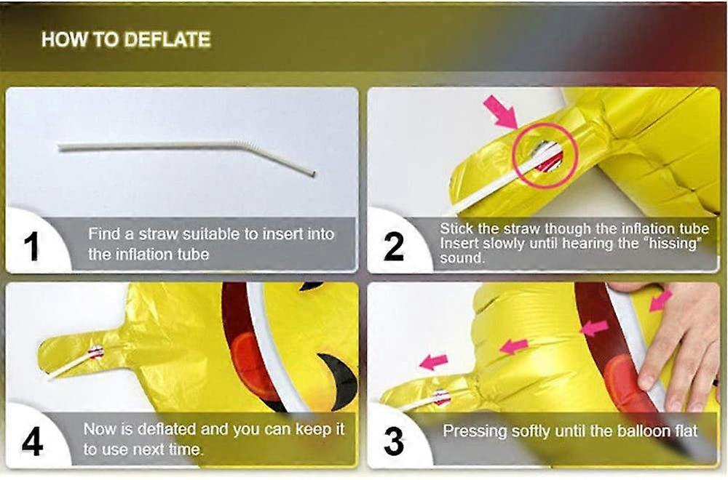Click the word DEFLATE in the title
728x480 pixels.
pos(167,39)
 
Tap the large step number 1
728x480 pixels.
pos(31,247)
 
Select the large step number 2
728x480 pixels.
pos(394,247)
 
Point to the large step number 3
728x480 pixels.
pos(394,441)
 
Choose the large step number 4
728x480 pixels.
pos(33,441)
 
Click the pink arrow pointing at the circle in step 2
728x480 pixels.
pos(502,112)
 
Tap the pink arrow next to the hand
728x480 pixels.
pos(661,300)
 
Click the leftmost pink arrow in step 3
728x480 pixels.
pos(434,361)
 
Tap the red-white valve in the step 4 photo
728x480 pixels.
pos(95,353)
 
